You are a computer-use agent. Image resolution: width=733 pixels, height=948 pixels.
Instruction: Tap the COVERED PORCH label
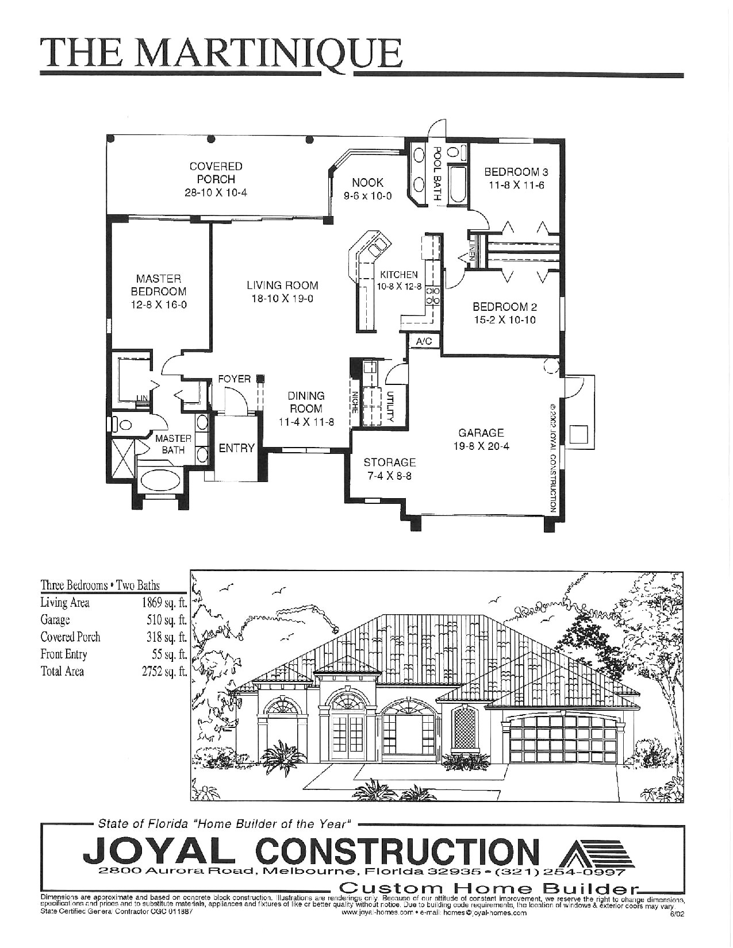216,172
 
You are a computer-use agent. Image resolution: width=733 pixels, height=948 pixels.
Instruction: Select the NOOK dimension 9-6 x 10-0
367,196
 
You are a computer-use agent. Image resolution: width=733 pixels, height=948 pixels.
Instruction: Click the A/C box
424,341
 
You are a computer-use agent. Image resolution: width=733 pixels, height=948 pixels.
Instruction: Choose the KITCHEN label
399,275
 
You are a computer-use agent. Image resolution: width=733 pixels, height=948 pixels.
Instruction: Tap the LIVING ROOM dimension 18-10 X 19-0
282,299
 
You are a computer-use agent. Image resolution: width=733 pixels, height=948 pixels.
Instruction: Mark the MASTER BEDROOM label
159,285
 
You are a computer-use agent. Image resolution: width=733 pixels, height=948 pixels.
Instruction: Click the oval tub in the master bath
160,479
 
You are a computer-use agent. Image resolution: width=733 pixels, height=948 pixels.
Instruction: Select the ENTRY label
236,448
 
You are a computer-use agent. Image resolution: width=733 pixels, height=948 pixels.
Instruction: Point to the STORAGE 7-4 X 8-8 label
389,469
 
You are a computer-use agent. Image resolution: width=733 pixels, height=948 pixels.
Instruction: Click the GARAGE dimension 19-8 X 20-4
481,446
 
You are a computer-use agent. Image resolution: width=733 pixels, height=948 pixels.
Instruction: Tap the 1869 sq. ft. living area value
164,603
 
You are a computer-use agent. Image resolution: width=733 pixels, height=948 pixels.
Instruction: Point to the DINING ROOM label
306,402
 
